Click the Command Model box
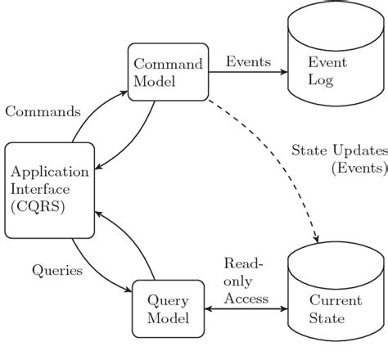point(169,73)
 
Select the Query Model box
point(166,308)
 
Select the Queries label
point(56,270)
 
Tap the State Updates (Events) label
point(338,160)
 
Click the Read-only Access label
point(246,281)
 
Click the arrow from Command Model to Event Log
point(246,72)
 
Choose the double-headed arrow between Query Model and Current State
point(245,309)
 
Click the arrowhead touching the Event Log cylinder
point(284,72)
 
